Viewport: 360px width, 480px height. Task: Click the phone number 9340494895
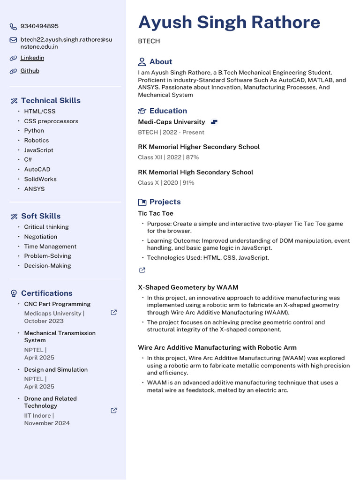39,26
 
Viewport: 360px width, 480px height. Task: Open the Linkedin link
32,58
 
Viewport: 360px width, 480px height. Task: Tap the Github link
30,71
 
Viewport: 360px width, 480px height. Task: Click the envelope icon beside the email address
13,40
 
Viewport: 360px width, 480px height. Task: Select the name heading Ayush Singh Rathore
229,22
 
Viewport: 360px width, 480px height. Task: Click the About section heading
160,62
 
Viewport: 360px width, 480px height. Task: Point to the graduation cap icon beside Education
142,111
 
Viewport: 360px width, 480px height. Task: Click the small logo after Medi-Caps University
214,122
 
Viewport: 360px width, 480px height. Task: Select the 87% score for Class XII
192,157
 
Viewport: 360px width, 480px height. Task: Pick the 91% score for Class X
188,183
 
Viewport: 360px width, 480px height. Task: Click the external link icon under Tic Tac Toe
142,270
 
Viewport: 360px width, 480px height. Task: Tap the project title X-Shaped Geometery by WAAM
188,287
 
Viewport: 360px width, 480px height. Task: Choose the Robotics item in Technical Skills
37,140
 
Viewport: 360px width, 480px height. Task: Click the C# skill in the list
28,160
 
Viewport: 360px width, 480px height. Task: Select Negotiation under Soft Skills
41,237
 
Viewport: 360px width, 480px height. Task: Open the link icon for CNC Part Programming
113,312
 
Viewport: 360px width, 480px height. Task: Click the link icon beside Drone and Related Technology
113,410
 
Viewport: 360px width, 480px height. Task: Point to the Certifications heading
46,293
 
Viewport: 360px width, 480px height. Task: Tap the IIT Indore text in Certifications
38,415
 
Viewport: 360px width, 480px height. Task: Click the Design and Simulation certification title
56,370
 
